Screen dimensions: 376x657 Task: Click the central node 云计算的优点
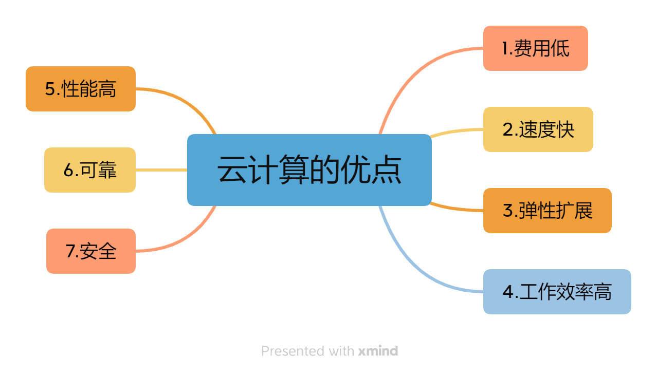tap(309, 170)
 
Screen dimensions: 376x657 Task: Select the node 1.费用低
tap(535, 48)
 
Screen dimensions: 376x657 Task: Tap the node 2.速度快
tap(538, 129)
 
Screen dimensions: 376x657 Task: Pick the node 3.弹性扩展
tap(547, 211)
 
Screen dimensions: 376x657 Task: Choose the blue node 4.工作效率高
tap(557, 292)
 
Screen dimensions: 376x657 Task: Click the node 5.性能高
tap(81, 89)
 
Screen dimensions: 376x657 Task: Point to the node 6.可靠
tap(90, 170)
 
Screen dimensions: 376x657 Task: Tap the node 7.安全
tap(91, 251)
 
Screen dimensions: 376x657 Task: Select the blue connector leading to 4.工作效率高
tap(411, 267)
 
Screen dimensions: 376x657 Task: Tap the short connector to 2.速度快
tap(458, 131)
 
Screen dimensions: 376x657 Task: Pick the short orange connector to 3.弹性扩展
tap(458, 209)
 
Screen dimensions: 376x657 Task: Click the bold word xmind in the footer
tap(378, 351)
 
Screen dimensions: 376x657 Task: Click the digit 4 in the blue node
tap(508, 292)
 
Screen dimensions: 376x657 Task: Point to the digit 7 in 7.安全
tap(70, 251)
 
